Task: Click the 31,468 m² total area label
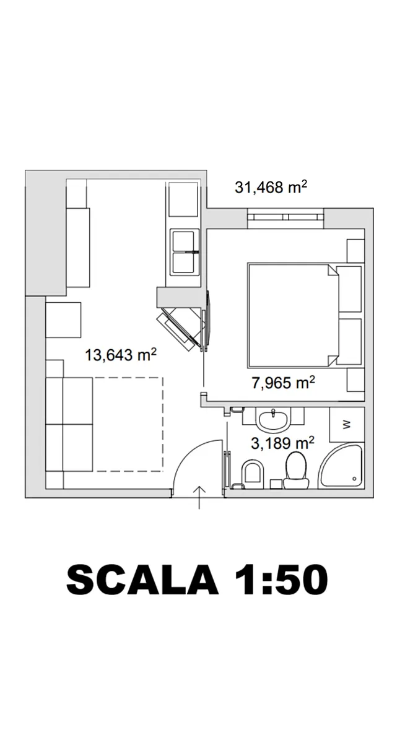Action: point(271,187)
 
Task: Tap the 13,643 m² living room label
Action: point(121,355)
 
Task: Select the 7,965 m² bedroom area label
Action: point(284,383)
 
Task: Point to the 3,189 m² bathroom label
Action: point(282,443)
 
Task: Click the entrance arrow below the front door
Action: point(199,498)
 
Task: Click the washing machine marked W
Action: point(347,424)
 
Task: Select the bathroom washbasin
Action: point(273,420)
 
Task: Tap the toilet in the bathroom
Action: point(296,471)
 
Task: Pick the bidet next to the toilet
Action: point(253,474)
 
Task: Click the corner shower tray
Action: point(341,467)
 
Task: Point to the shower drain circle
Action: point(354,479)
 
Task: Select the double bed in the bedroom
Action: point(294,316)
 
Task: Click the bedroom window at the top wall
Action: point(285,217)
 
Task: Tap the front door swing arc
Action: point(191,454)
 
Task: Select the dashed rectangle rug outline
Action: point(128,424)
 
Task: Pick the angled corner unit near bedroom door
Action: point(181,327)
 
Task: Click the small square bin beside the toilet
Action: point(276,484)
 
